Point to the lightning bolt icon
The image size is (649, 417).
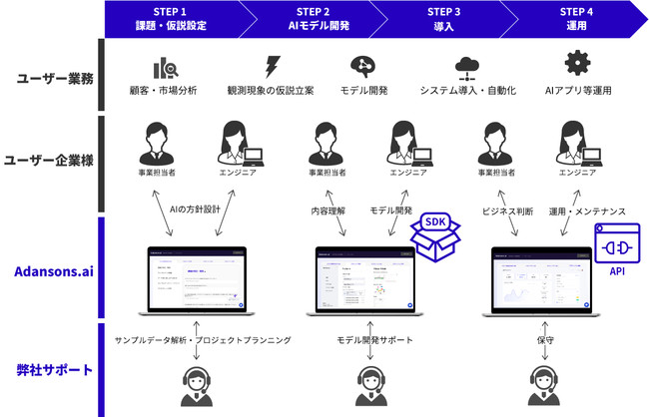tap(270, 65)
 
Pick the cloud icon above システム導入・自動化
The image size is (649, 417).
tap(466, 65)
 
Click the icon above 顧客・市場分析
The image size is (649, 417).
tap(164, 66)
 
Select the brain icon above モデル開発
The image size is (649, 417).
tap(363, 65)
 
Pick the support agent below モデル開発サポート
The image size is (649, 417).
tap(369, 385)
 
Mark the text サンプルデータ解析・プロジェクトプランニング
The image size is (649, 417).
tap(203, 340)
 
